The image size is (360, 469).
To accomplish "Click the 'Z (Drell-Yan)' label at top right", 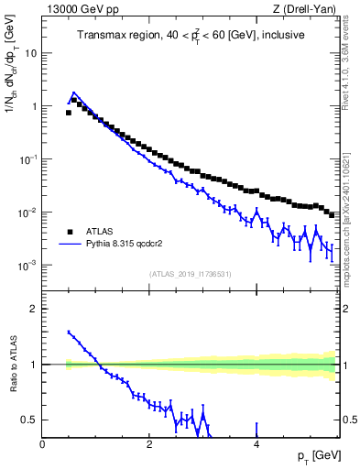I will (x=307, y=9).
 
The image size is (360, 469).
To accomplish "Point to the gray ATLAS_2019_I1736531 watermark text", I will (x=190, y=273).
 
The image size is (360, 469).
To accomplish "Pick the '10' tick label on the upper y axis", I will (x=30, y=53).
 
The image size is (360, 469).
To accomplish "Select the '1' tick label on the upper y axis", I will (x=34, y=106).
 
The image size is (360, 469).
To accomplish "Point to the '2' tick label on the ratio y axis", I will (x=34, y=309).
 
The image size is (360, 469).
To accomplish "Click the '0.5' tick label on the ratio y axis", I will (x=29, y=420).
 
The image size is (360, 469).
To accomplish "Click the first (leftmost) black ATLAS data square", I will (x=69, y=113).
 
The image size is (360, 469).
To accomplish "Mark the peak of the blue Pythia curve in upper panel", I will (x=74, y=93).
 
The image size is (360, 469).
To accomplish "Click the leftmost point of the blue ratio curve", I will (x=69, y=333).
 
